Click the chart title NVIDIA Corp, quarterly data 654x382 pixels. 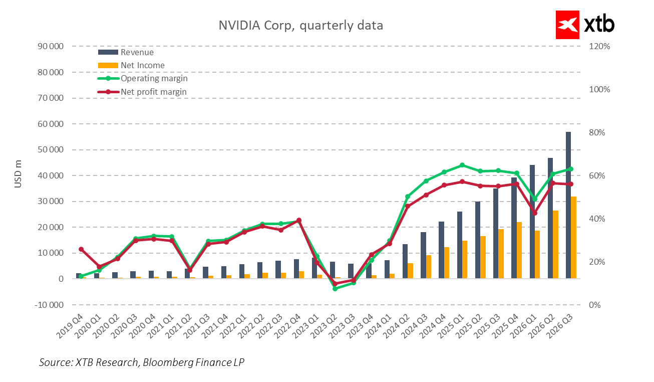pos(300,25)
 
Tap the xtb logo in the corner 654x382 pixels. pos(585,25)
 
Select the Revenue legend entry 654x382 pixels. pos(137,52)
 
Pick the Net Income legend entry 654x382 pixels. pos(142,65)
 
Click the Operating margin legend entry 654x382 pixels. pos(154,79)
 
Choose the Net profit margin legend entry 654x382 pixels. pos(153,92)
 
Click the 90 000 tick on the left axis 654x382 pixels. pos(51,46)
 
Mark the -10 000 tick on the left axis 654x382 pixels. pos(50,305)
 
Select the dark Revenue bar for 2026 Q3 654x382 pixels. pos(568,206)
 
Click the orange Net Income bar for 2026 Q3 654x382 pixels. pos(574,238)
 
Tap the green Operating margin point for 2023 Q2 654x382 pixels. pos(335,289)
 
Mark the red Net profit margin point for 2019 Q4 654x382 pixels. pos(81,249)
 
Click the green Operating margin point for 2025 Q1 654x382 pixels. pos(462,165)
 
